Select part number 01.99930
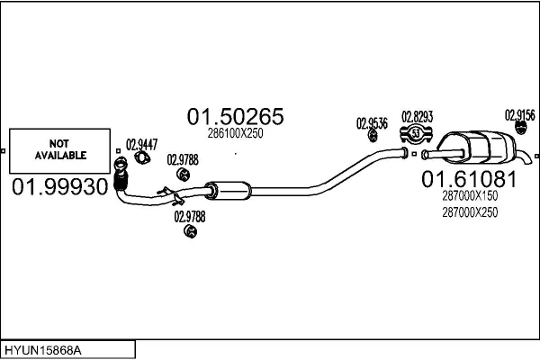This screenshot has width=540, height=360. [x=59, y=186]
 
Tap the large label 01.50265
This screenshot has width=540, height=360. [x=236, y=117]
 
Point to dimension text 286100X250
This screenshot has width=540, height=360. [x=236, y=133]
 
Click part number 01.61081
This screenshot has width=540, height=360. [x=469, y=179]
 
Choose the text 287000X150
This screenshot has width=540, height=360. [x=469, y=195]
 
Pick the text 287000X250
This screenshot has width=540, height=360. [x=469, y=211]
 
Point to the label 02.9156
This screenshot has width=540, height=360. [x=520, y=114]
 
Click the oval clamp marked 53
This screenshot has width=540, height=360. [x=417, y=135]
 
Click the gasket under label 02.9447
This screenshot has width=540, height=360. [x=141, y=158]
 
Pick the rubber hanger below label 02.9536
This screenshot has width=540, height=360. [x=372, y=137]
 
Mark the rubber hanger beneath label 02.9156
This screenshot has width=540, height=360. [x=520, y=133]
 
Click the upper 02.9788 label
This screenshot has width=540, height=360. [x=183, y=160]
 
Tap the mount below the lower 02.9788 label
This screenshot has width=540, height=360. [x=189, y=232]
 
